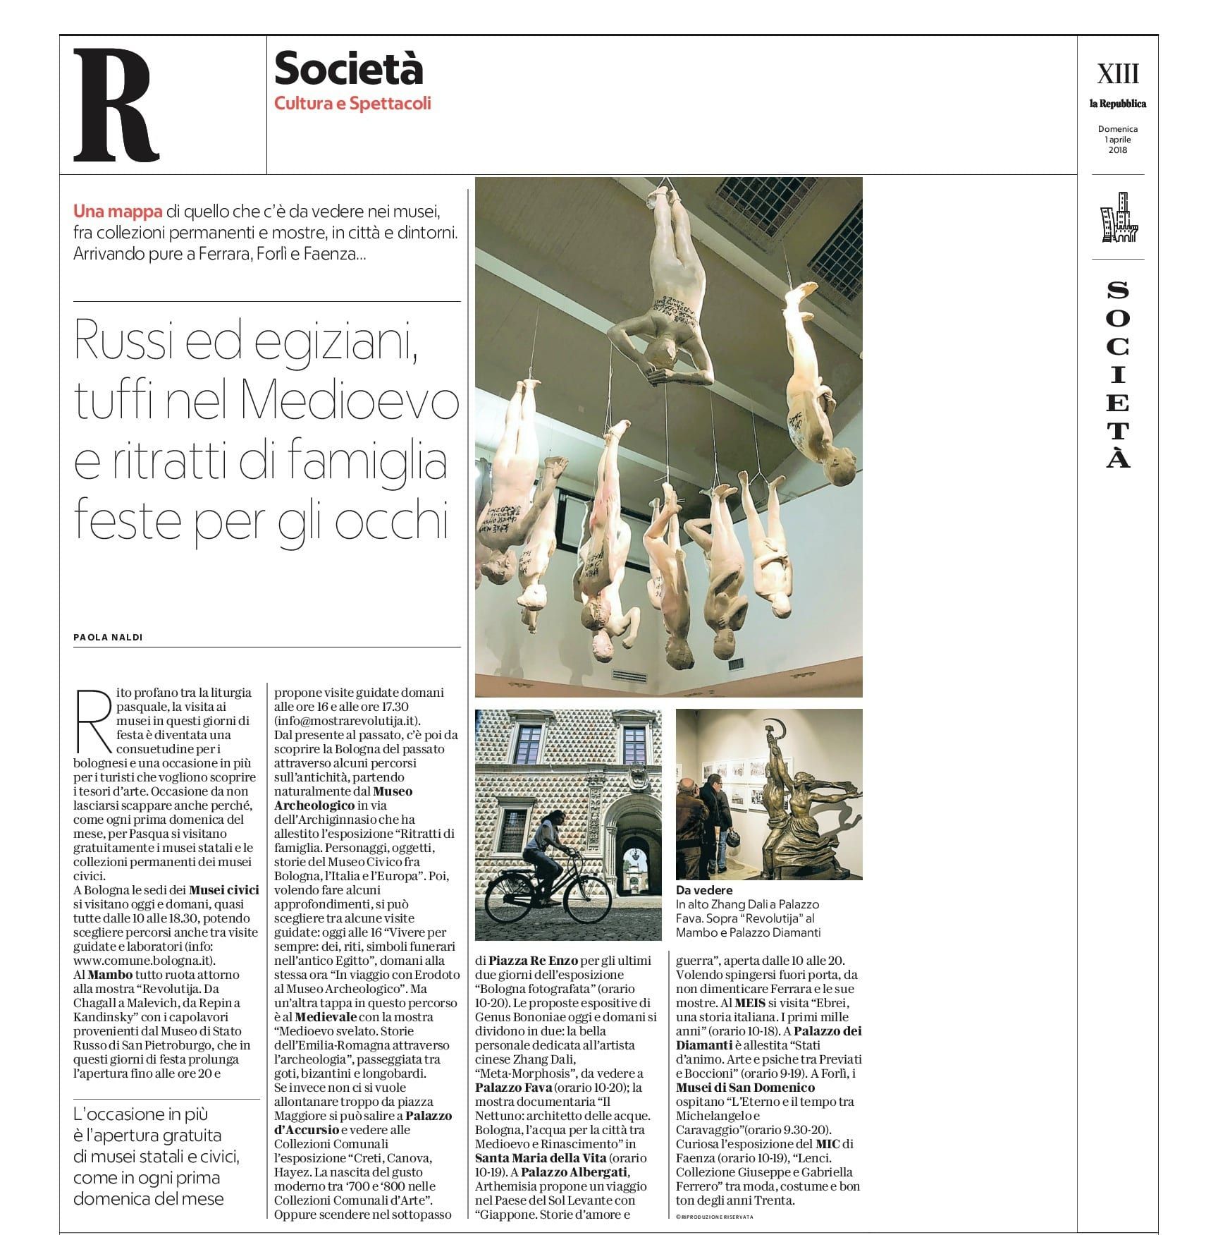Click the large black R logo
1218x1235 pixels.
click(116, 105)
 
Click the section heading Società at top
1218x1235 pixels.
click(348, 69)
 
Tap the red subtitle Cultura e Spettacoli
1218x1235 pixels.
click(352, 104)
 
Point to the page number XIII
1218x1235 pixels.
click(1117, 73)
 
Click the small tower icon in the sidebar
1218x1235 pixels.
click(1119, 218)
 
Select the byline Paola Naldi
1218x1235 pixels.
click(108, 637)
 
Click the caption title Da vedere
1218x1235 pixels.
click(703, 890)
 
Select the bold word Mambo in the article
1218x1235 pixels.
click(110, 975)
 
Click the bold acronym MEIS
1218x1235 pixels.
click(749, 1003)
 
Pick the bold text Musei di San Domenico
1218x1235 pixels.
click(745, 1088)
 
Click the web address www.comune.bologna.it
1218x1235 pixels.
click(144, 961)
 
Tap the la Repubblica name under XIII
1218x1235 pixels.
click(1117, 104)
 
